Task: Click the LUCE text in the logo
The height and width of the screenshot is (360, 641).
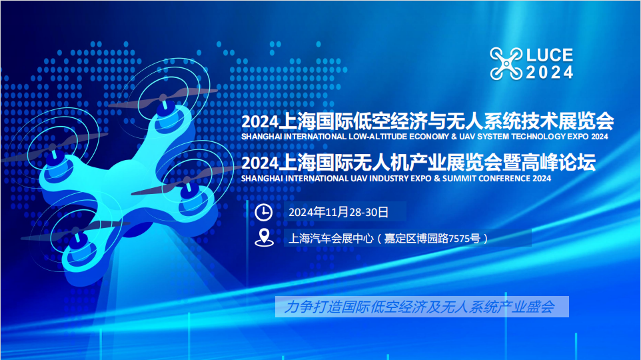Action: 549,56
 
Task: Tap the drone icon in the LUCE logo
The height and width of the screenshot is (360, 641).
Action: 506,64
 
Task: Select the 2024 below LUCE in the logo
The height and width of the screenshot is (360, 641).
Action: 549,73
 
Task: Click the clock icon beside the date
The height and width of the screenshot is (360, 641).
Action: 265,212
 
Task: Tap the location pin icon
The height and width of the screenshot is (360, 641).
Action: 265,237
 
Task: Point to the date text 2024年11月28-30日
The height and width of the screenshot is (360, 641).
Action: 338,212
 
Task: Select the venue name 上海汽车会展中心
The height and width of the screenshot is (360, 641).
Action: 327,238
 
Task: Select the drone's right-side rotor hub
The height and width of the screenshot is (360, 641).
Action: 189,192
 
